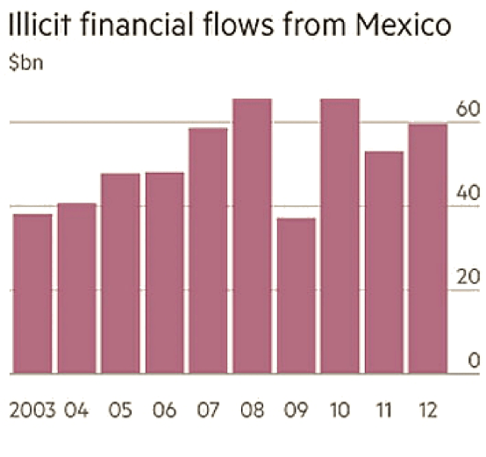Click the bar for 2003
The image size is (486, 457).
(x=32, y=294)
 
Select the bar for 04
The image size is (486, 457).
(x=76, y=289)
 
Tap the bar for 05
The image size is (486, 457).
(x=120, y=274)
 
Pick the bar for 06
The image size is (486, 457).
(x=164, y=273)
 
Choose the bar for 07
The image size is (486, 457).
(x=208, y=251)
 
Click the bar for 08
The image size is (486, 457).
(x=252, y=236)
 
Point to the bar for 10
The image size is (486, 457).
(x=339, y=236)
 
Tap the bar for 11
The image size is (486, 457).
(x=383, y=262)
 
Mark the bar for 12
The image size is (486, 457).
(x=427, y=249)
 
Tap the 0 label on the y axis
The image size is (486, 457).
(x=473, y=361)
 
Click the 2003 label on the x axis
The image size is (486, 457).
(x=32, y=410)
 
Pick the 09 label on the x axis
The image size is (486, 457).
(x=296, y=410)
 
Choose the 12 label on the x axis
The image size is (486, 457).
(x=427, y=410)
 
